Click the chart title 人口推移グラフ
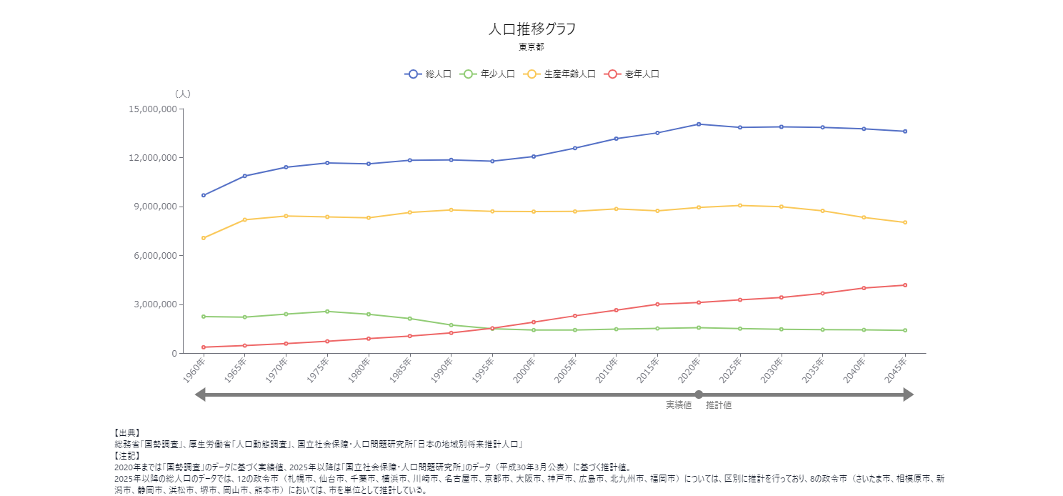531,29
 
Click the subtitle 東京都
531,47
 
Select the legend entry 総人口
429,74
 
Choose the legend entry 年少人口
489,74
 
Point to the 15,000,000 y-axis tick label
153,109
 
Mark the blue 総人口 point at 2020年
699,124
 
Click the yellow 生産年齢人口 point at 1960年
204,238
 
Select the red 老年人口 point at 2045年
905,285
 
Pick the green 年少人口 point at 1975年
327,312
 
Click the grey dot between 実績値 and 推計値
699,395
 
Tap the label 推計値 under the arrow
719,405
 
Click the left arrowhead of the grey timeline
201,395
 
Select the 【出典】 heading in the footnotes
127,433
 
